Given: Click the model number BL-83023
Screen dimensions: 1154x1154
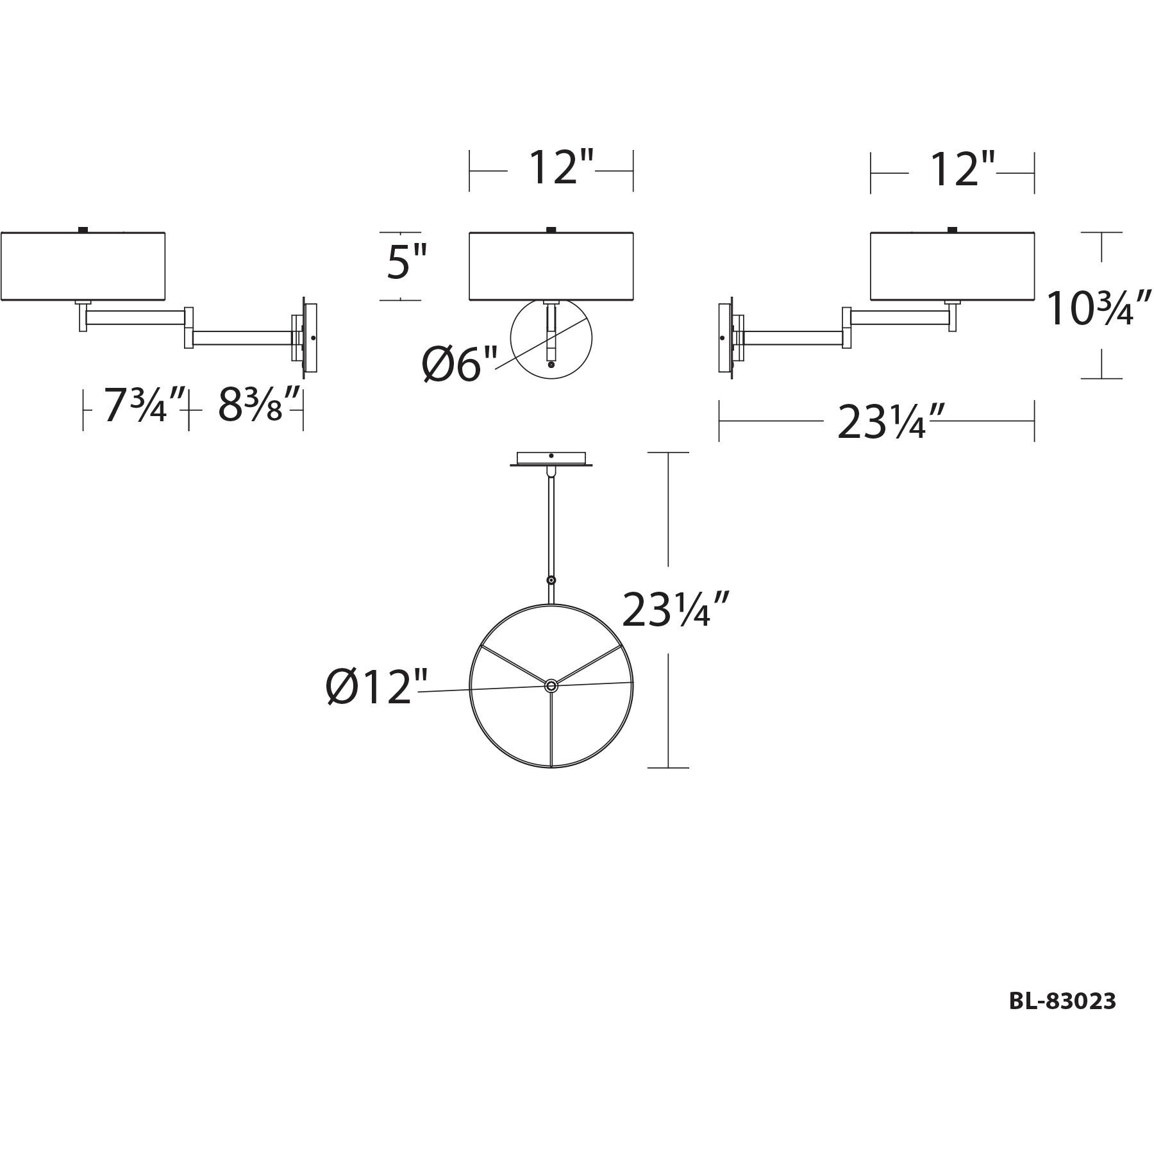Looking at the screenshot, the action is [x=1062, y=1001].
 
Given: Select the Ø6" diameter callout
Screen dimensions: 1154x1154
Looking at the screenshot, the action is [x=460, y=364].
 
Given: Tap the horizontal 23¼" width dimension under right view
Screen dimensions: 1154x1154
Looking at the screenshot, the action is [x=891, y=421].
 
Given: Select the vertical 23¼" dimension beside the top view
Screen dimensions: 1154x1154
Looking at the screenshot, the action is [x=675, y=609].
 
